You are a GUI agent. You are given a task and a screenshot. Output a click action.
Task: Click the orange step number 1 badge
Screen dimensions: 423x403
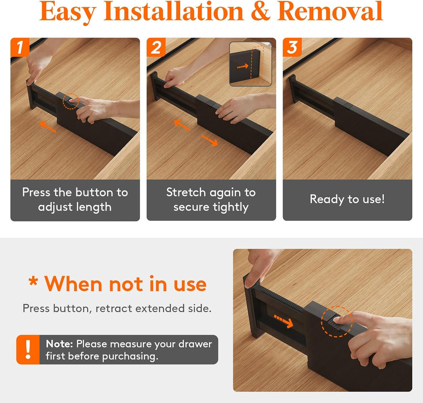(x=20, y=48)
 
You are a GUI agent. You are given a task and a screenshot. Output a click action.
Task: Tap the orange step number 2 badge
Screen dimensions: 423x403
(x=156, y=48)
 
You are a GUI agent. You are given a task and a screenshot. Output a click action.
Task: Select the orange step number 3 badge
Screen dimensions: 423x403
(x=292, y=48)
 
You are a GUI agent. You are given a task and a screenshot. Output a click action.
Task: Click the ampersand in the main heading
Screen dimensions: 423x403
(x=260, y=12)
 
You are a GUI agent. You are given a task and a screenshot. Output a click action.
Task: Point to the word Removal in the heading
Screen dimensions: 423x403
(x=330, y=11)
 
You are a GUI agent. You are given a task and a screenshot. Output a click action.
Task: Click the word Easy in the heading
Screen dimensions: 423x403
(x=68, y=12)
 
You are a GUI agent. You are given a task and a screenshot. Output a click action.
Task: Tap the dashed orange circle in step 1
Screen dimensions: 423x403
(x=71, y=101)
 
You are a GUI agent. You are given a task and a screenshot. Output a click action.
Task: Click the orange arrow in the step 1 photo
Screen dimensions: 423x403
(x=48, y=126)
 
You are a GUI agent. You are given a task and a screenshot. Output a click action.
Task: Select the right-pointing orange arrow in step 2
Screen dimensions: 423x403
(x=209, y=141)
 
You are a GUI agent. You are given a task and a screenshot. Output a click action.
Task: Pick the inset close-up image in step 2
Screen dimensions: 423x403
(x=250, y=64)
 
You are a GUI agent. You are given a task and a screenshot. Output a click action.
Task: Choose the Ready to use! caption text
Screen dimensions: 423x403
(x=347, y=199)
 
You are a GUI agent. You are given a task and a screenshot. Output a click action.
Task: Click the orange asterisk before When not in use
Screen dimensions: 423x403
(x=33, y=281)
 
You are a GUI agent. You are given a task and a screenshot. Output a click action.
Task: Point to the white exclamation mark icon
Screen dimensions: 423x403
(x=28, y=349)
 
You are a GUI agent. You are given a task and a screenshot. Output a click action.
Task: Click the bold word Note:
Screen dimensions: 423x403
(x=59, y=344)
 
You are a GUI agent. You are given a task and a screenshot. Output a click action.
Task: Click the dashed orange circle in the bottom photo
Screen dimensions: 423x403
(x=337, y=322)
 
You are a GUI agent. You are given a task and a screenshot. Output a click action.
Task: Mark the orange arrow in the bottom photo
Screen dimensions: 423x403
(x=283, y=321)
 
